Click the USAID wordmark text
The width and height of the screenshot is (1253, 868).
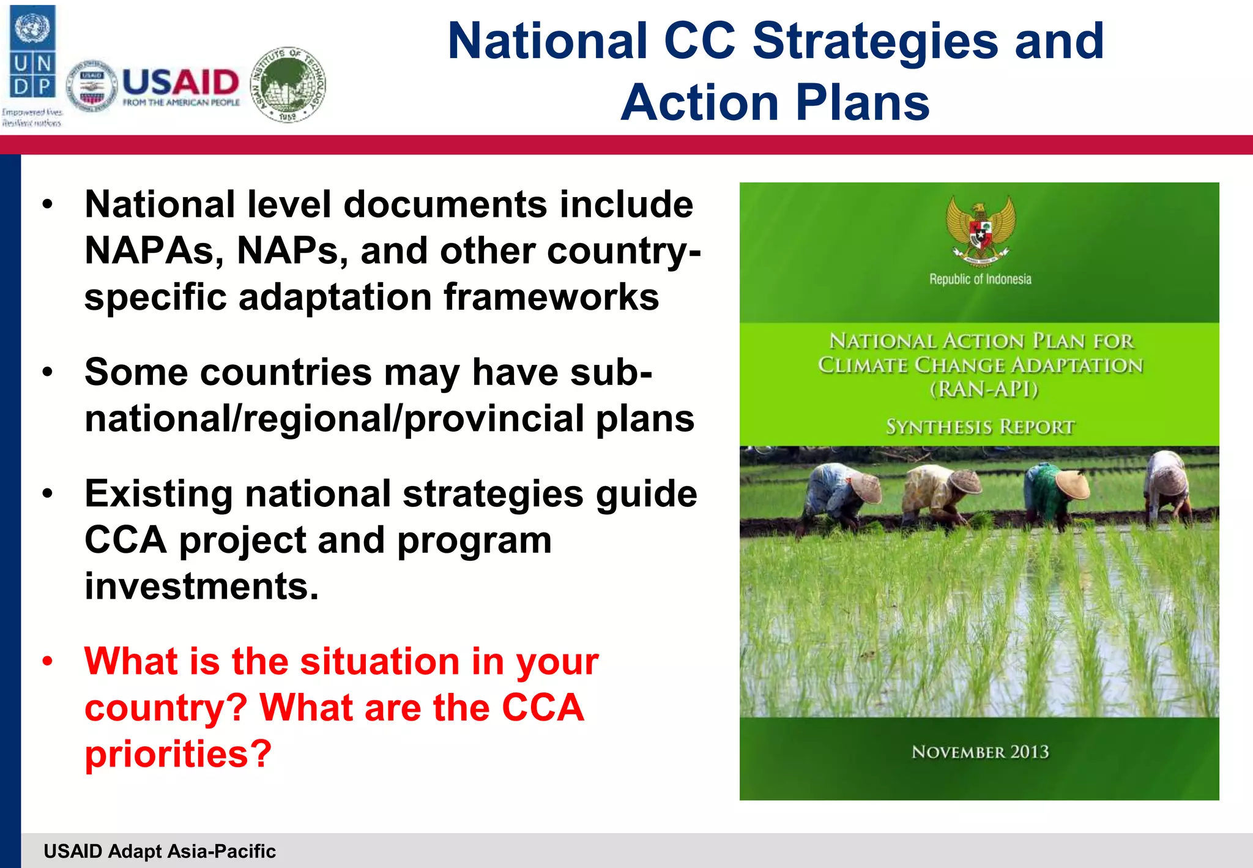coord(180,82)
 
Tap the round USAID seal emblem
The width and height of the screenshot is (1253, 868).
coord(92,86)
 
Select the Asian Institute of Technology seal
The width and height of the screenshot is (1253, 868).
coord(288,85)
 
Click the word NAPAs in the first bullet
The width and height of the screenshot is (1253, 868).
coord(154,251)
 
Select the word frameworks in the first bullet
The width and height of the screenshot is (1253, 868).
coord(551,297)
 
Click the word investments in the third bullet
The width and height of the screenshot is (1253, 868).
coord(201,586)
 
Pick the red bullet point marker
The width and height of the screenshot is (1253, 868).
coord(48,662)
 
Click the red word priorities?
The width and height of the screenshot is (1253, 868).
coord(178,754)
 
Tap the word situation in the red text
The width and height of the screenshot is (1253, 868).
coord(380,662)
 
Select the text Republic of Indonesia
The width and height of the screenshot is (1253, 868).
coord(980,279)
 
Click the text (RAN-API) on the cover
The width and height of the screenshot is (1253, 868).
coord(984,389)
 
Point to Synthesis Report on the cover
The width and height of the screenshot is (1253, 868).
coord(980,427)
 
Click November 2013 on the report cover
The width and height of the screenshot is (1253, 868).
coord(980,752)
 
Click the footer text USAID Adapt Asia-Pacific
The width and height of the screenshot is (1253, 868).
coord(160,851)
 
